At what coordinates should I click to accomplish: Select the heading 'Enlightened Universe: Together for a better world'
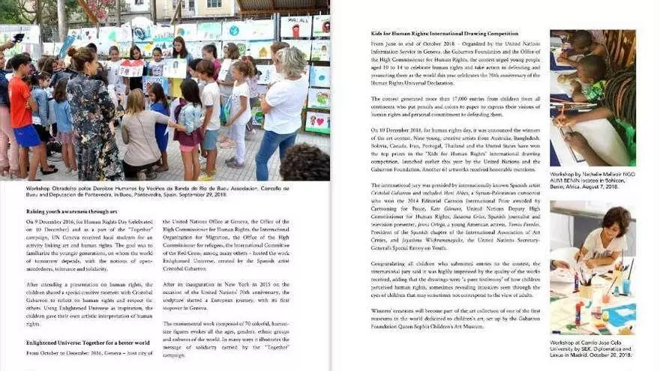[x=88, y=343]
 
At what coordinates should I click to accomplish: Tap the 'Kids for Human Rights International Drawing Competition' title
[x=444, y=34]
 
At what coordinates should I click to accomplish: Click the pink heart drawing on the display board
[x=318, y=120]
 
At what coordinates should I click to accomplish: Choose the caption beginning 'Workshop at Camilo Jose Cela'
[x=592, y=349]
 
